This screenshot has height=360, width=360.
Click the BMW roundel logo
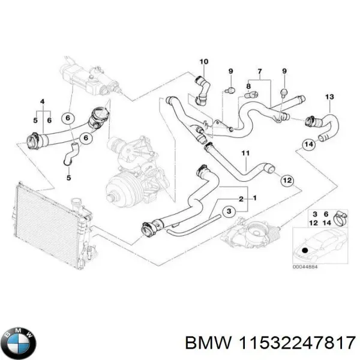(20, 343)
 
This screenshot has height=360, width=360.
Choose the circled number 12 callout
(286, 179)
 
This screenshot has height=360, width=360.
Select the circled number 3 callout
(228, 212)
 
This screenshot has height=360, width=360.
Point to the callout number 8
(248, 87)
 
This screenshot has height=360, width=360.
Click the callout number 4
(41, 101)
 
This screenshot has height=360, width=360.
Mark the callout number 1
(255, 198)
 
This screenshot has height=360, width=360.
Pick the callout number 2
(241, 198)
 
